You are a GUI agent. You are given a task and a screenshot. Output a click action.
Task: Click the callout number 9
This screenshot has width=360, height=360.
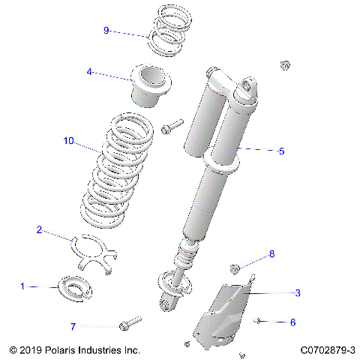pyautogui.click(x=106, y=30)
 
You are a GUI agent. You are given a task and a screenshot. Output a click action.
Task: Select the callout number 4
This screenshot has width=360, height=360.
pyautogui.click(x=89, y=72)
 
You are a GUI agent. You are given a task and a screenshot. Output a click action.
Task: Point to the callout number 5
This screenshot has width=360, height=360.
pyautogui.click(x=281, y=151)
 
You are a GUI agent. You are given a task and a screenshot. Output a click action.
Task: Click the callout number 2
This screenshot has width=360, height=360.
pyautogui.click(x=39, y=230)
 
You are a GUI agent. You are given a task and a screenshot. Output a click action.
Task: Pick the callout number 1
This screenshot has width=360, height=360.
pyautogui.click(x=22, y=286)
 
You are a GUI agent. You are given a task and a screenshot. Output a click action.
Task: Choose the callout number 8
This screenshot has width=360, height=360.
pyautogui.click(x=271, y=254)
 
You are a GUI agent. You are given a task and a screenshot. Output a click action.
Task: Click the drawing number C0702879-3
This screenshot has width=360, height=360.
pyautogui.click(x=327, y=350)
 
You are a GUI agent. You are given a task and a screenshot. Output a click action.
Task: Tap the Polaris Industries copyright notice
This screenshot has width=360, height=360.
pyautogui.click(x=75, y=350)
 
